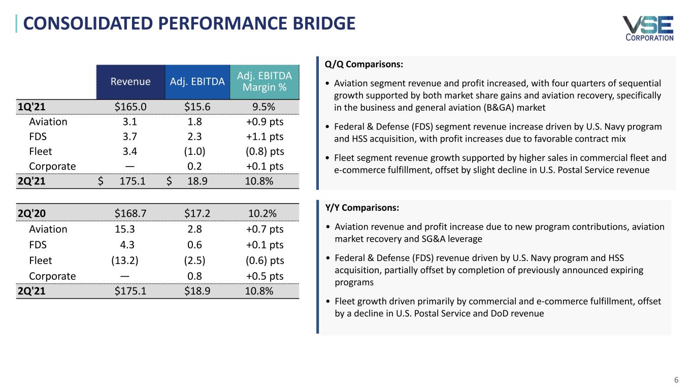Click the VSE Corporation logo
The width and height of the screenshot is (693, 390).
coord(648,28)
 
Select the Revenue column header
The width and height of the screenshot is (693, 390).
coord(131,81)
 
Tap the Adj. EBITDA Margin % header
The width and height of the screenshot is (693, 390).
coord(265,81)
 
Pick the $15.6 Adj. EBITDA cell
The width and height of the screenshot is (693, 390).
coord(194,106)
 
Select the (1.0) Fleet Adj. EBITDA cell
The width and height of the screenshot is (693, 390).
coord(194,151)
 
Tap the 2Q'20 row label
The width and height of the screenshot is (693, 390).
coord(30,213)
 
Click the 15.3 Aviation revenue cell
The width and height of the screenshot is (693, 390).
coord(125,229)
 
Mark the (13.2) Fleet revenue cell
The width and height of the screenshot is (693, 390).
coord(125,261)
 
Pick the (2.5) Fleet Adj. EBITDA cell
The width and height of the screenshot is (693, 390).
coord(194,261)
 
